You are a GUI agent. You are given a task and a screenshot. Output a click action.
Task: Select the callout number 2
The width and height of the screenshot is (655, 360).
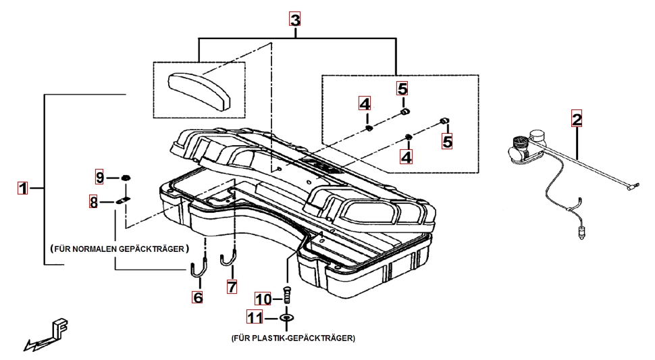[576, 120]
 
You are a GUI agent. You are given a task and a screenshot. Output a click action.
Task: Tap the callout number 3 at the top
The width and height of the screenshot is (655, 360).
[295, 20]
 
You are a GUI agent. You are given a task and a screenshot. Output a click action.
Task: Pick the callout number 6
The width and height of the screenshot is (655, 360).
[197, 297]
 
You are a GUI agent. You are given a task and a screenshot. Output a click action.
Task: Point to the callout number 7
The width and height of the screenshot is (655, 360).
[232, 286]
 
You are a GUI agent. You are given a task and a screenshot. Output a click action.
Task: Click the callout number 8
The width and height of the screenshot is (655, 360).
[94, 201]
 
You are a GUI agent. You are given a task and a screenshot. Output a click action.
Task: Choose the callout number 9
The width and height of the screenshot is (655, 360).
[100, 178]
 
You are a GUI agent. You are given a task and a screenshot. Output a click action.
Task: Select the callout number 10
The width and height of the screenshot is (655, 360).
[263, 299]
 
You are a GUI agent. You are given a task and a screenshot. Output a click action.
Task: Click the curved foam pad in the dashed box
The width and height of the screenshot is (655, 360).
[199, 90]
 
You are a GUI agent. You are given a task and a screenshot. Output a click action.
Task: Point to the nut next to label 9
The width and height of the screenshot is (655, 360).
[126, 178]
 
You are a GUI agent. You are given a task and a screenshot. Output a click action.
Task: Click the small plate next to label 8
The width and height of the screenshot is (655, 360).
[123, 201]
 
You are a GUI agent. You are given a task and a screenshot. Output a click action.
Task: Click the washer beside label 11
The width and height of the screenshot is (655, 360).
[288, 317]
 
